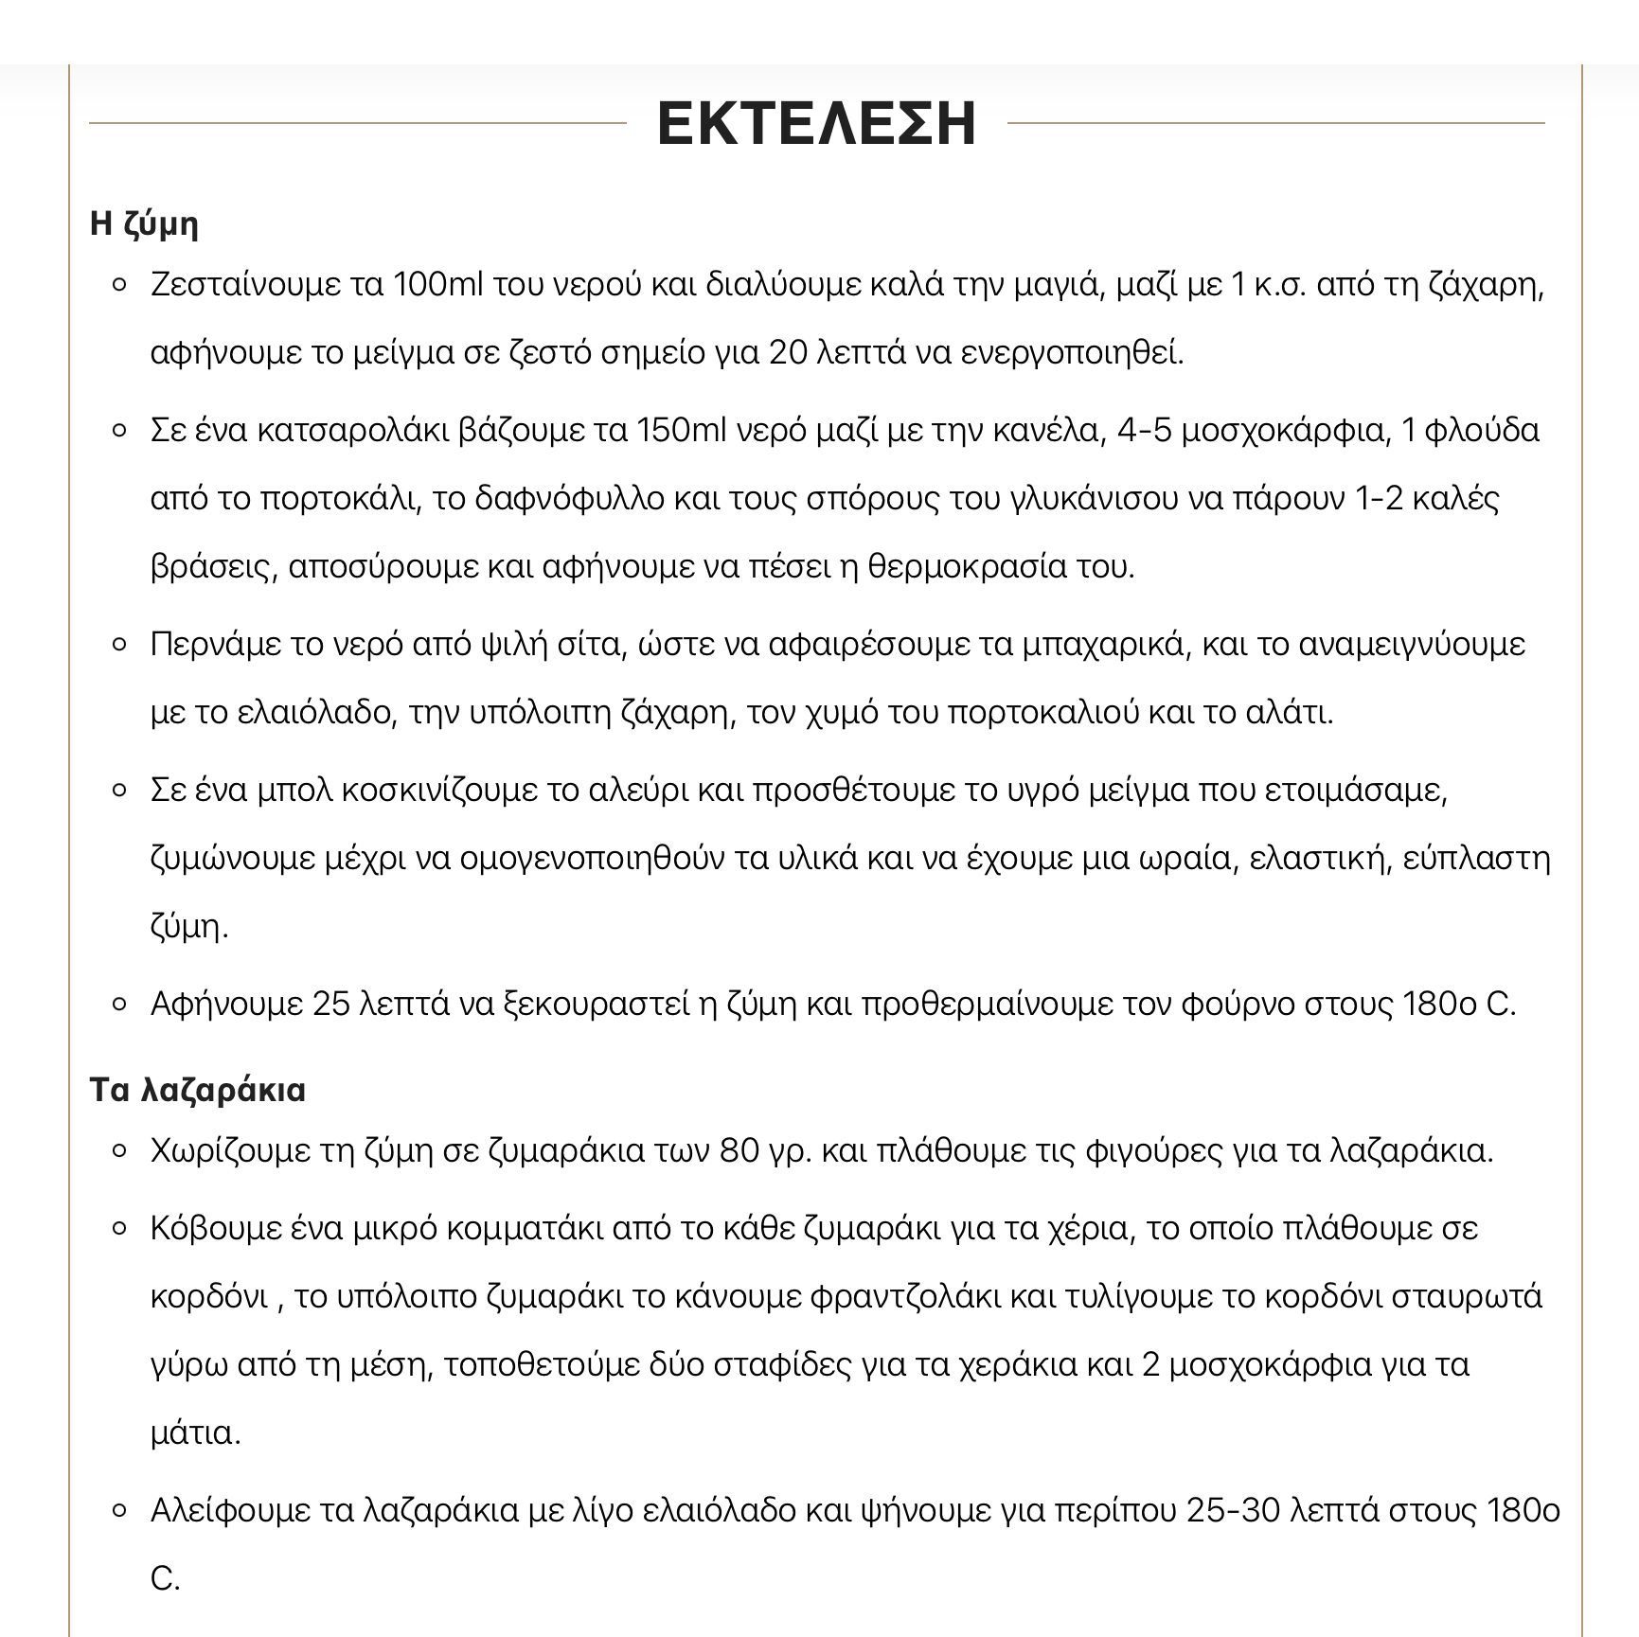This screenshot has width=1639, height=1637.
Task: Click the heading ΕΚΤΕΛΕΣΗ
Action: pos(816,123)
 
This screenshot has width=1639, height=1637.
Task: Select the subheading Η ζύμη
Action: pos(144,224)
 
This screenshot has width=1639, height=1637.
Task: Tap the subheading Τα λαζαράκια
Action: pos(197,1090)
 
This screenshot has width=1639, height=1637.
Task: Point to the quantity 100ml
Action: pos(437,284)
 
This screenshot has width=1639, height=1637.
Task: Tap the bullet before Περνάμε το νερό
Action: pos(119,645)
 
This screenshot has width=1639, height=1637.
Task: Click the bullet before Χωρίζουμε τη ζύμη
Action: pos(119,1151)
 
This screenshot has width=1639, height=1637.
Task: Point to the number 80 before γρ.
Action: pos(739,1150)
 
